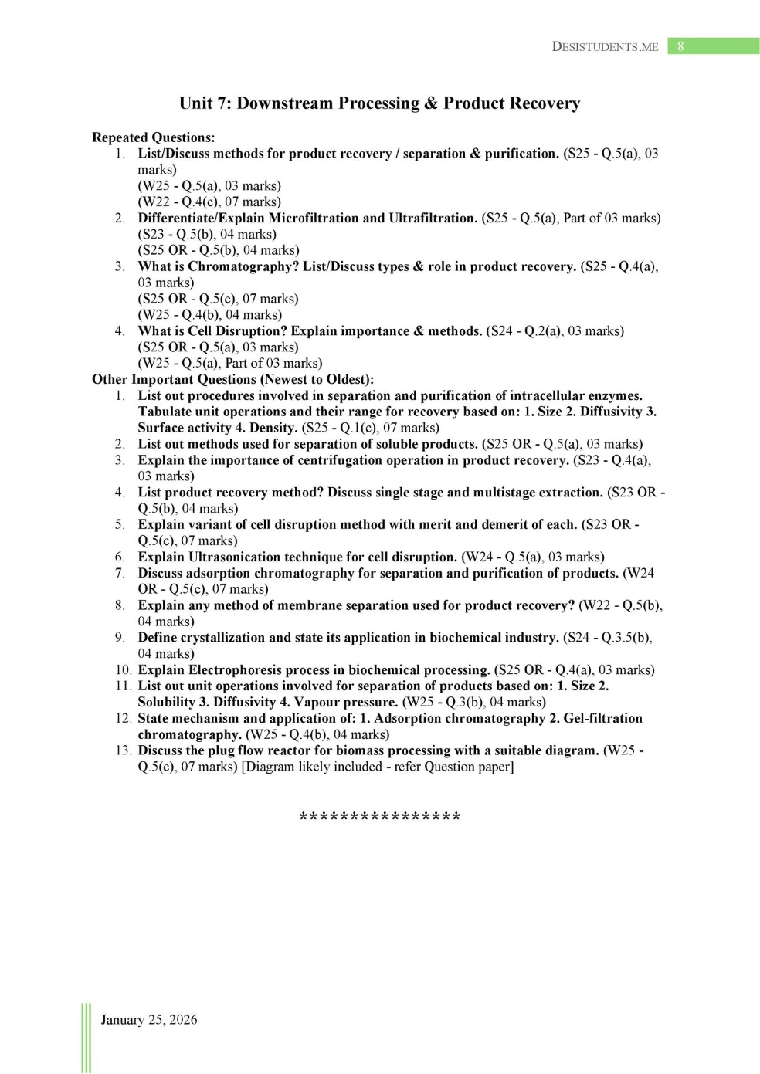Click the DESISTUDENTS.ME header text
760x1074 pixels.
click(605, 46)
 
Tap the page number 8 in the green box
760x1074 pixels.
click(680, 46)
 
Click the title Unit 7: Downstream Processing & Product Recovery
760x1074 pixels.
click(379, 103)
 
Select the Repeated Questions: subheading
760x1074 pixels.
click(154, 137)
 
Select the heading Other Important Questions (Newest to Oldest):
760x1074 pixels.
click(233, 379)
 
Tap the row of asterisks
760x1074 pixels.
click(379, 817)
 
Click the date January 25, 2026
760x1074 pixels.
click(149, 1020)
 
